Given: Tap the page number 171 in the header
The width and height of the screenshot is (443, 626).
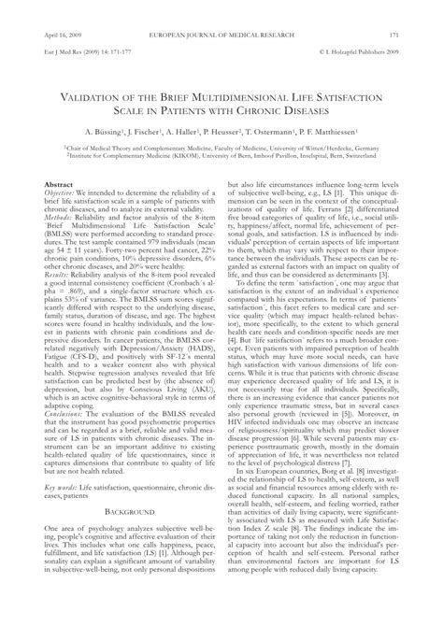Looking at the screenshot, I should click(421, 9).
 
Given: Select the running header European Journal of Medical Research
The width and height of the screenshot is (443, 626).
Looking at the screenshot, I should click(221, 9).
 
